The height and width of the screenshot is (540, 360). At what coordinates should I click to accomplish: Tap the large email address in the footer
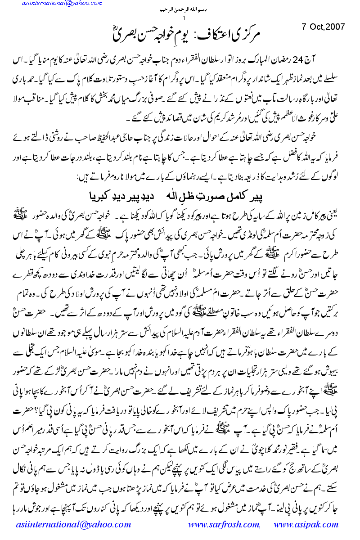76,524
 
